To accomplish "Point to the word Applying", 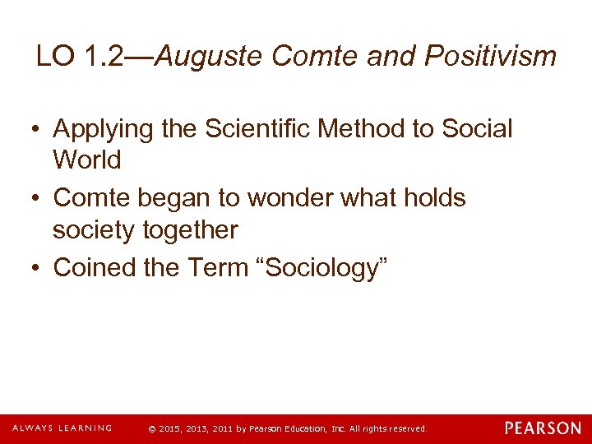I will [x=102, y=129].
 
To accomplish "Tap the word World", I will [x=86, y=160].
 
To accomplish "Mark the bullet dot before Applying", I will [x=37, y=130].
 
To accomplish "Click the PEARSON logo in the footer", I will [x=543, y=428].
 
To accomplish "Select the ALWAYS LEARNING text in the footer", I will [x=62, y=428].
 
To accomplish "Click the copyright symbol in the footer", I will [x=150, y=429].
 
